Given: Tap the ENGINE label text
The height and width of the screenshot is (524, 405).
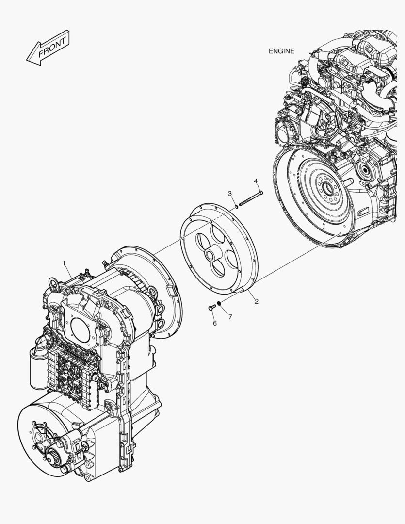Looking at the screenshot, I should pos(281,51).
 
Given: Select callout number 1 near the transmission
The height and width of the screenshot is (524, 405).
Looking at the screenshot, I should pos(64,263).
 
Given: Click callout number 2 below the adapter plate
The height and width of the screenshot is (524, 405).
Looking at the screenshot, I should pos(257,301).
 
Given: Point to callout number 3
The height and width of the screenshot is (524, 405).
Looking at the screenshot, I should pos(230,194).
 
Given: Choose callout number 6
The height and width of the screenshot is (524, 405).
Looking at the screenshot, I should pos(214,323).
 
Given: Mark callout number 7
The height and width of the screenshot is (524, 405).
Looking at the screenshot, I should pos(230,316).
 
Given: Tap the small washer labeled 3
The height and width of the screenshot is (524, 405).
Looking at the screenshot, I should pos(236,206).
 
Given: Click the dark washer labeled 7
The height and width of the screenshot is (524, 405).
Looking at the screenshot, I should pos(220,304).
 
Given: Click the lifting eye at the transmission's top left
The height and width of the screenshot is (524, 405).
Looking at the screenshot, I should pos(54,282).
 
